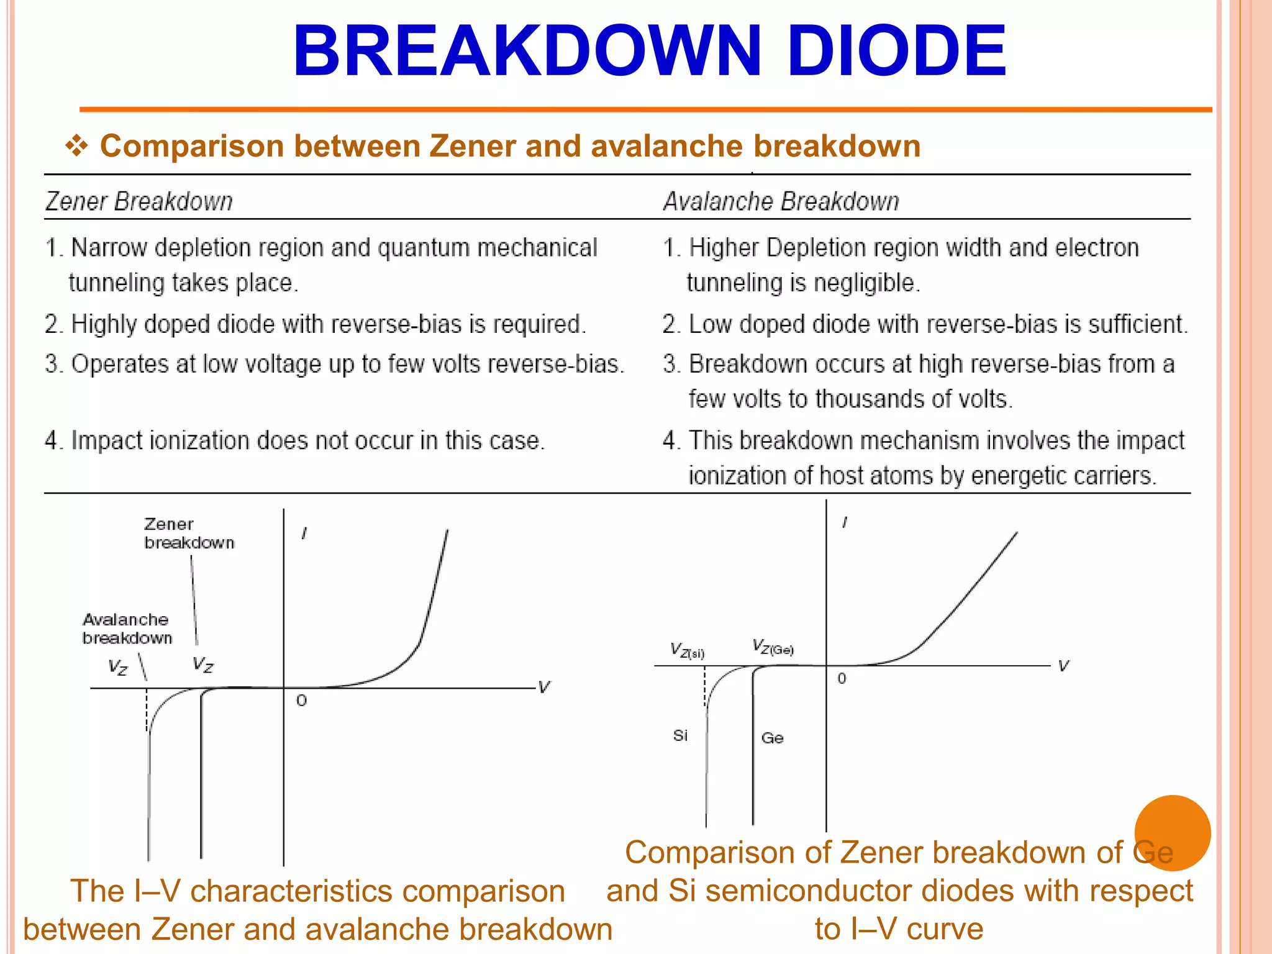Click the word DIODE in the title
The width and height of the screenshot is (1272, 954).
click(896, 51)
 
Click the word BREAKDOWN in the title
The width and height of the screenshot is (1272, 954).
click(527, 51)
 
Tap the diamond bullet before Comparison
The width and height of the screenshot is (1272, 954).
click(76, 146)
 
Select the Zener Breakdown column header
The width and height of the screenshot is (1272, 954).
click(139, 201)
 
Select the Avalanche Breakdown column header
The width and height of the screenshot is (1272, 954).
click(781, 201)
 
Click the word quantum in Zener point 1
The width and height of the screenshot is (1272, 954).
click(424, 248)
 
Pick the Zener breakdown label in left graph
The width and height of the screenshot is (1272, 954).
click(189, 534)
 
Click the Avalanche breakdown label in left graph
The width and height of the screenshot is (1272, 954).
click(127, 629)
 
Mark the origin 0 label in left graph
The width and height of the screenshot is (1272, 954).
click(301, 701)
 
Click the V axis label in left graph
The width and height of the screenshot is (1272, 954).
click(544, 687)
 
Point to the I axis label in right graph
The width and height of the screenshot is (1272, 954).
click(844, 523)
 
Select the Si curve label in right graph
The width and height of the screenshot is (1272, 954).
click(680, 735)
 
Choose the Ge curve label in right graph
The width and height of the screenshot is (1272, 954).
click(772, 738)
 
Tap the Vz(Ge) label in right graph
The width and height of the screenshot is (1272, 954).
click(773, 647)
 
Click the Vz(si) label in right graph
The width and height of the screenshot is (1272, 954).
click(687, 651)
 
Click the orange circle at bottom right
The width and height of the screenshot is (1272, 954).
click(1172, 833)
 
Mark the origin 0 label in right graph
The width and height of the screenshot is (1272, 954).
click(842, 678)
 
